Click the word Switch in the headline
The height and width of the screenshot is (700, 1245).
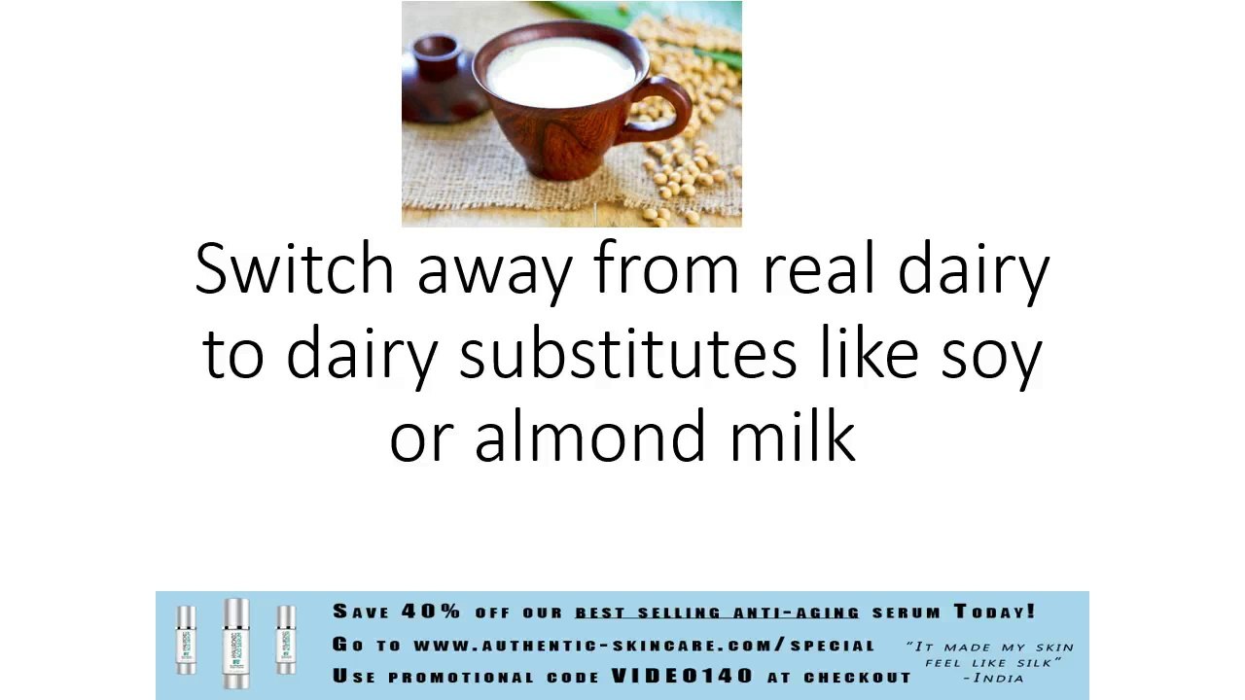pos(295,267)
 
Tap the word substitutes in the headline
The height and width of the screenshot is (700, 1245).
pos(628,352)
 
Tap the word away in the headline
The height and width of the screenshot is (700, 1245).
pos(495,275)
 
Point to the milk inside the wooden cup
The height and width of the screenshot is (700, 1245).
pos(561,71)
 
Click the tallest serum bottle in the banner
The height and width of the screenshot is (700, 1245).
pos(236,644)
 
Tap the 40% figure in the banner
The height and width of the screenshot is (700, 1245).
pos(431,612)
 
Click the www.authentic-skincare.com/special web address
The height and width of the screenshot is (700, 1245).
pos(645,645)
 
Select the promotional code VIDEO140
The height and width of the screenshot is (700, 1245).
pos(682,676)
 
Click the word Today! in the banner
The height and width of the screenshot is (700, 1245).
pos(995,612)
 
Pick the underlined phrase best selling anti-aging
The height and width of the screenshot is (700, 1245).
pos(717,612)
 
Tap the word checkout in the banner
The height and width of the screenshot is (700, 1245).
pos(858,678)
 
